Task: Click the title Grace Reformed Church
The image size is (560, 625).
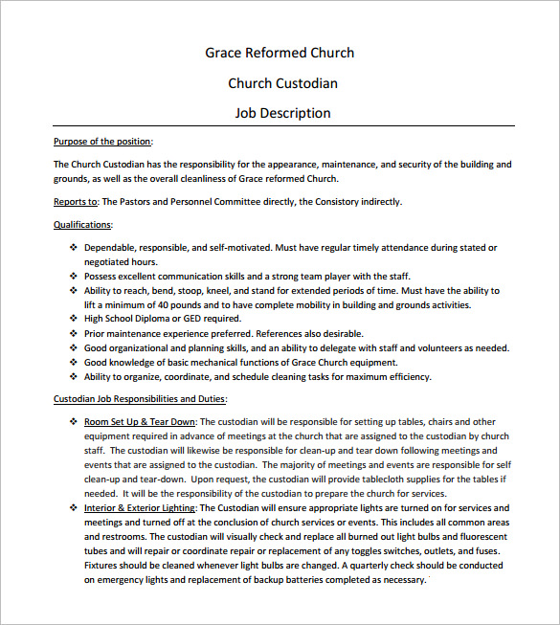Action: [x=280, y=53]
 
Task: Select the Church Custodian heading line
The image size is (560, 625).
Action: [x=282, y=83]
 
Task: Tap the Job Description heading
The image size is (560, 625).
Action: [x=282, y=113]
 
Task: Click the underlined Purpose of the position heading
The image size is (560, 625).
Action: [x=102, y=142]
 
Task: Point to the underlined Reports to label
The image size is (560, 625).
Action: [x=76, y=202]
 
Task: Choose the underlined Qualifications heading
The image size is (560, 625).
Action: [x=82, y=225]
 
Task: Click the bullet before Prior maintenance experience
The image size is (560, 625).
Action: [x=74, y=333]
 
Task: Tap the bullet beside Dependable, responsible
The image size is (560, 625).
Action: [x=74, y=248]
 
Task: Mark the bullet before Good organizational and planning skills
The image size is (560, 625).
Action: [x=74, y=348]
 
